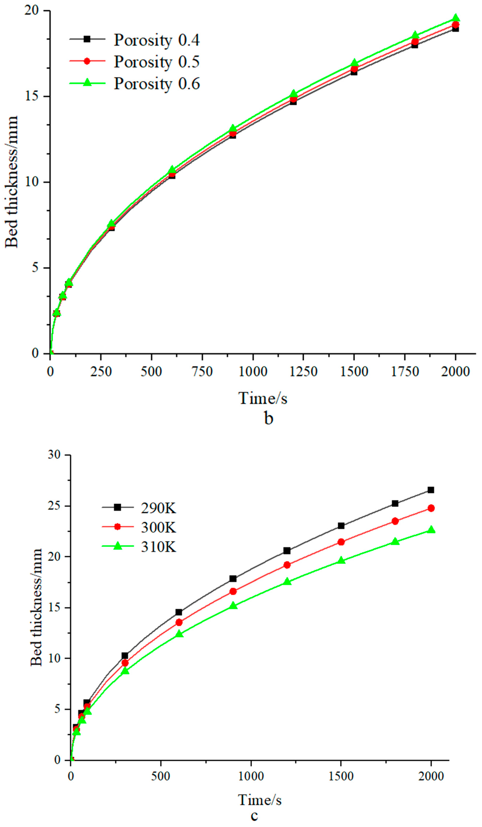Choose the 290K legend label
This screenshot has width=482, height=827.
(x=158, y=508)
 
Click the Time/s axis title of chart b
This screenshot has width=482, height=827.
(x=263, y=398)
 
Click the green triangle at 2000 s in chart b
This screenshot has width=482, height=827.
(x=455, y=18)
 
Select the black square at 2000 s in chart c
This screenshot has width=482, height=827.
(x=431, y=490)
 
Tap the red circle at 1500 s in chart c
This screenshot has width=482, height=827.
(x=341, y=542)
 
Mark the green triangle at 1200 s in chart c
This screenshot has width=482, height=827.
(x=287, y=581)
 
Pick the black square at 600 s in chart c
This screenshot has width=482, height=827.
(x=179, y=612)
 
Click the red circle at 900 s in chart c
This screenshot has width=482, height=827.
(x=233, y=591)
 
